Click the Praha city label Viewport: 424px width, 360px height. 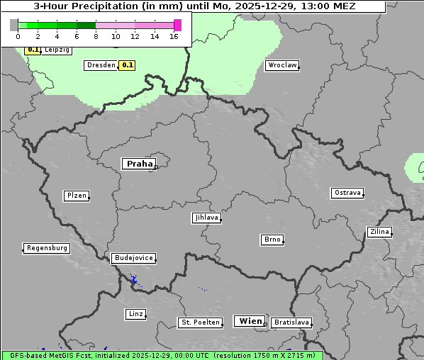(x=139, y=164)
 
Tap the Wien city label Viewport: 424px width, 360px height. (x=250, y=321)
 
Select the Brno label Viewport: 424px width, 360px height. (x=272, y=240)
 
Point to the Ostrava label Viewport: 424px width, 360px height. (x=347, y=193)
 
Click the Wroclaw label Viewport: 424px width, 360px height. (x=282, y=65)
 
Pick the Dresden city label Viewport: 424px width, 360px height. (x=101, y=65)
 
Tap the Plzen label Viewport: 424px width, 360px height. (x=76, y=196)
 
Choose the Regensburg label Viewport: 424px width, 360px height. (x=47, y=248)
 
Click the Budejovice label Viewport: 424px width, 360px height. (x=133, y=258)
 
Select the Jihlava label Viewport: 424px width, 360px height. (x=206, y=218)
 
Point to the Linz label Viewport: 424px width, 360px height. (x=135, y=314)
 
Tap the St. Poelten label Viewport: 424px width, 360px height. (x=199, y=322)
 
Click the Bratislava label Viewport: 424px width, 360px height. (x=291, y=322)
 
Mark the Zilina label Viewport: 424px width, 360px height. (x=379, y=232)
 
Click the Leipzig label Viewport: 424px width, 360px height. (x=57, y=50)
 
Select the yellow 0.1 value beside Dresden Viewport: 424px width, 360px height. (x=127, y=65)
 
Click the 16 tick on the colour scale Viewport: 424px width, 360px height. (x=174, y=35)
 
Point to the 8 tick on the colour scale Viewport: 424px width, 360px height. (x=96, y=35)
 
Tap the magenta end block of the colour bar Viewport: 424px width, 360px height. (x=177, y=25)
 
